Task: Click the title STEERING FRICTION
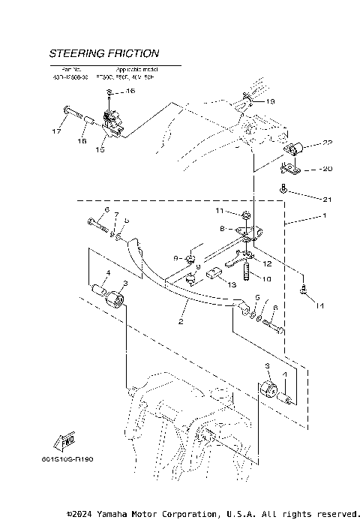(103, 54)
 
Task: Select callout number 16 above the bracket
(130, 92)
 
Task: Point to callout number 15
(100, 149)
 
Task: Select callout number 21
(305, 200)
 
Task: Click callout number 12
(267, 263)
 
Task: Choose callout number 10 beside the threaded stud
(266, 279)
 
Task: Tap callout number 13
(232, 285)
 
